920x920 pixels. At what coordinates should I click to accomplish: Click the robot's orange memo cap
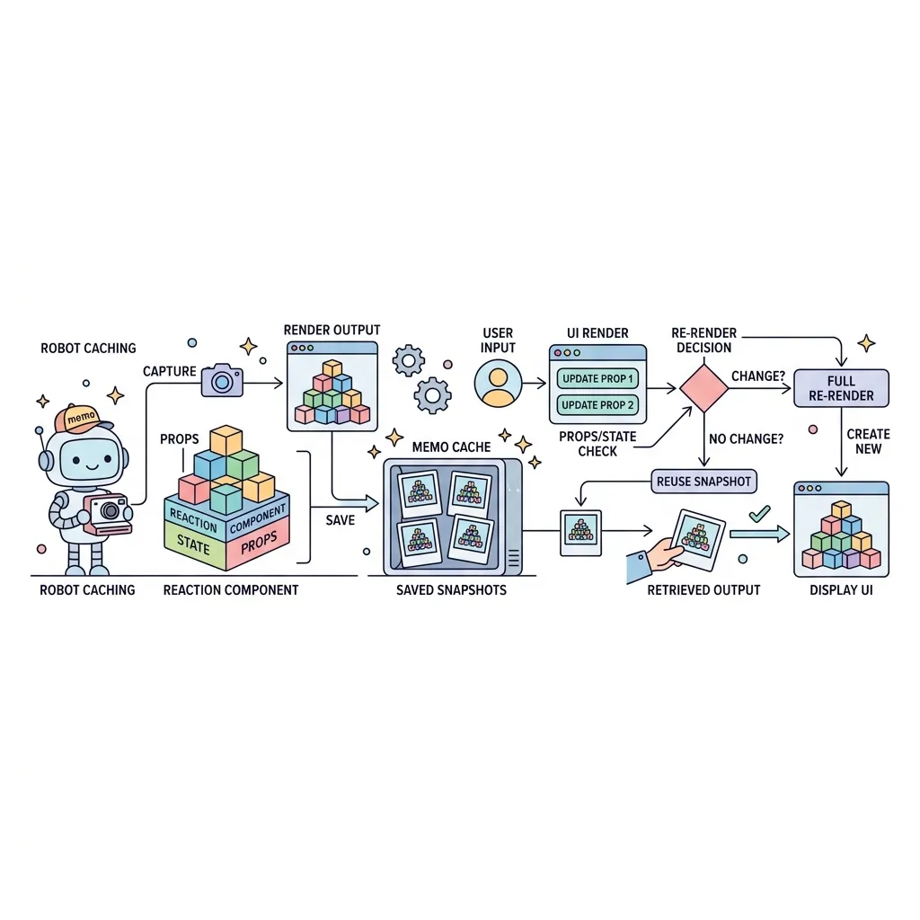tap(82, 418)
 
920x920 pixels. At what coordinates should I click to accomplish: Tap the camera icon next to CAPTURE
tap(223, 380)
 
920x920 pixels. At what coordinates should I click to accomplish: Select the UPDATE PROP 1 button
tap(597, 379)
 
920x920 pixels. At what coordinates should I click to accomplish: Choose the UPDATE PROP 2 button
tap(597, 405)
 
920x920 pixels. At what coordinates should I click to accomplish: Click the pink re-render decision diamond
tap(704, 388)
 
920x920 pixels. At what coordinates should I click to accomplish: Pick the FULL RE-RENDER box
tap(841, 388)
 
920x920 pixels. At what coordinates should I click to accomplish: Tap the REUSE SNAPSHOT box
tap(704, 482)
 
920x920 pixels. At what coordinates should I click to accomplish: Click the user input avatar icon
tap(498, 384)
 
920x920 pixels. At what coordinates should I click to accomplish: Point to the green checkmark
tap(760, 514)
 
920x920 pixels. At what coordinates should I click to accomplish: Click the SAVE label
tap(341, 520)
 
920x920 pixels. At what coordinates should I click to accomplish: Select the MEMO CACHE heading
tap(451, 447)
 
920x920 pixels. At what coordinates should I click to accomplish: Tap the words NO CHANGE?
tap(746, 438)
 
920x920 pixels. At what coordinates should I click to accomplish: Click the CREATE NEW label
tap(869, 441)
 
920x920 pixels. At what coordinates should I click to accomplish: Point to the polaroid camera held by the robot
tap(108, 515)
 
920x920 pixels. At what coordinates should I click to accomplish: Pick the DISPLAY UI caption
tap(841, 590)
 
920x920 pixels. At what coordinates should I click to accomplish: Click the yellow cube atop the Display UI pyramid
tap(841, 509)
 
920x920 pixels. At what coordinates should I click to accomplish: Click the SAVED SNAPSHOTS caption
tap(451, 590)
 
